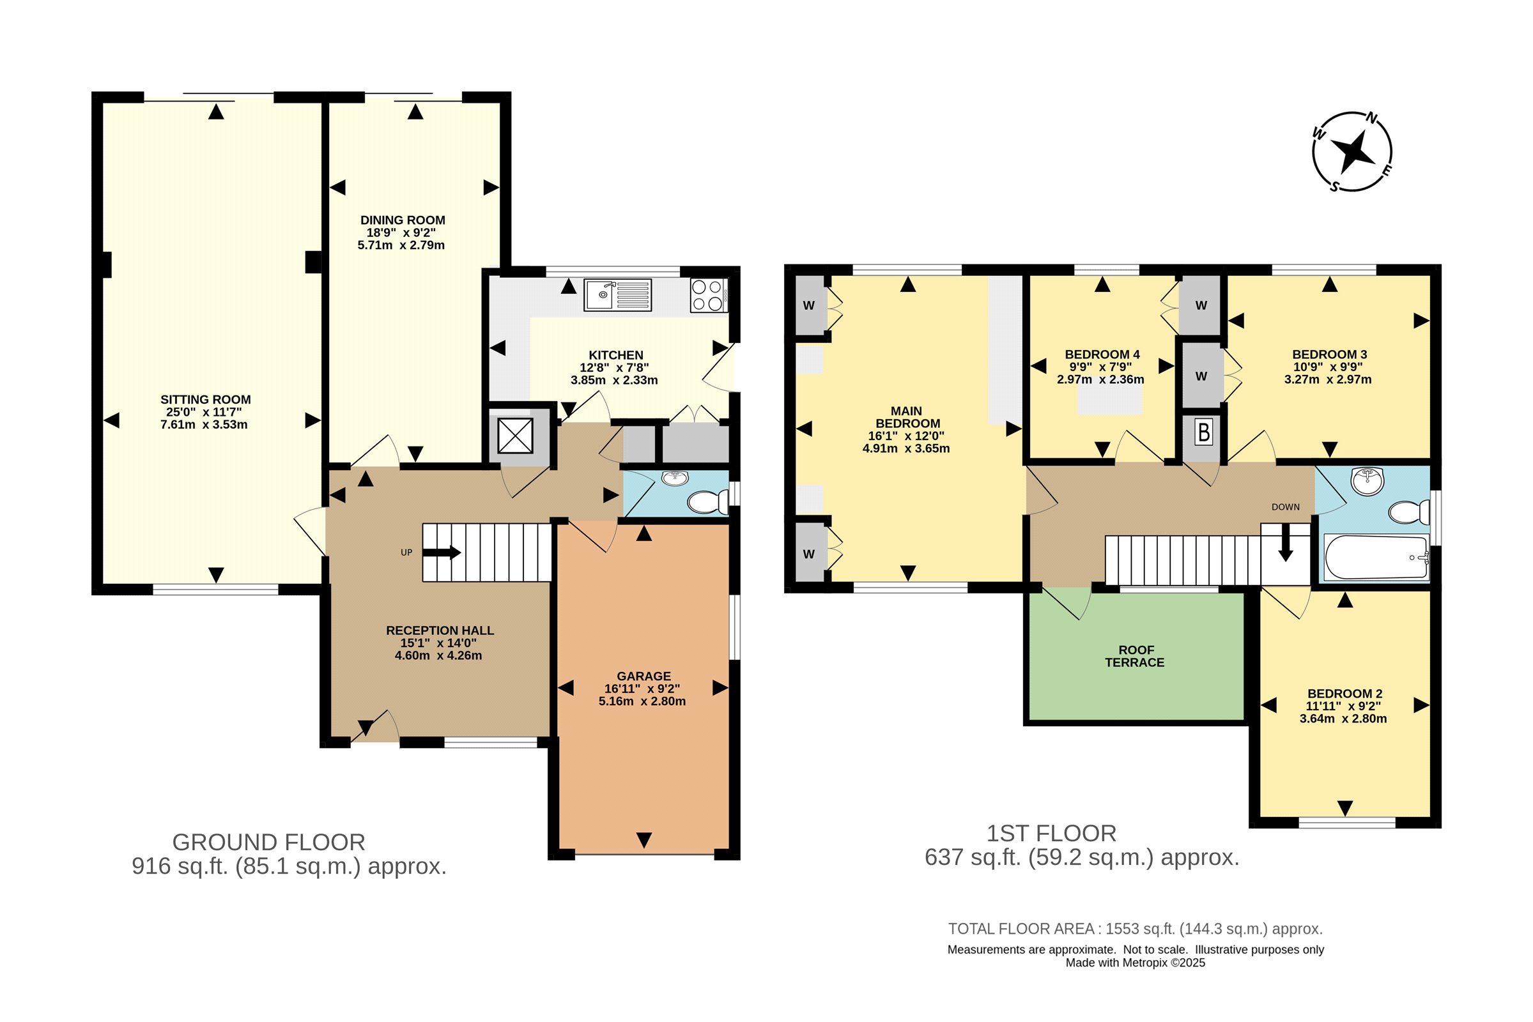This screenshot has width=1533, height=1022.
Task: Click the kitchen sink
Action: pos(617,294)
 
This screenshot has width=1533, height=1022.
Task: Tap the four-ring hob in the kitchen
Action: pos(709,295)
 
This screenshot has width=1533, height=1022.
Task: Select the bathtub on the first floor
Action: pos(1376,557)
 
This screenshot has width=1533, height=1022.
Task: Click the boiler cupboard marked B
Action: pos(1204,432)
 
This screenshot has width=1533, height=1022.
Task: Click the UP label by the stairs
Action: pos(406,553)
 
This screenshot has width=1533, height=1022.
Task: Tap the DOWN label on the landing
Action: pos(1285,507)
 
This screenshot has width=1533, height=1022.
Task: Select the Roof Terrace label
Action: pos(1136,657)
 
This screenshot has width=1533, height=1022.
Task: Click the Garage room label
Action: pos(643,676)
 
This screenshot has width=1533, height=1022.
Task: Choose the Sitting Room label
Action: pos(205,400)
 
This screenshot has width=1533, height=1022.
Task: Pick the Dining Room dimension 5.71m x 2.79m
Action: pos(401,246)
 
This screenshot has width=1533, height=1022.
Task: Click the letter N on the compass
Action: pos(1372,119)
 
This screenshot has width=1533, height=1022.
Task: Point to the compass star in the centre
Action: pos(1353,153)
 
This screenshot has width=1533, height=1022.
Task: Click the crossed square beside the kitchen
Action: pos(515,436)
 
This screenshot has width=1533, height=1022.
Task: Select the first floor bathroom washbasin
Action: pos(1368,481)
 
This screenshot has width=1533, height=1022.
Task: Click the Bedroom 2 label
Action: pos(1344,694)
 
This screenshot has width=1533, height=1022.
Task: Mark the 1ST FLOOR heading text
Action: pos(1051,834)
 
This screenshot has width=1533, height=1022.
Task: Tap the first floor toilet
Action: pos(1410,512)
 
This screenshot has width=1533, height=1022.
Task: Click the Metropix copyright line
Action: pos(1136,963)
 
